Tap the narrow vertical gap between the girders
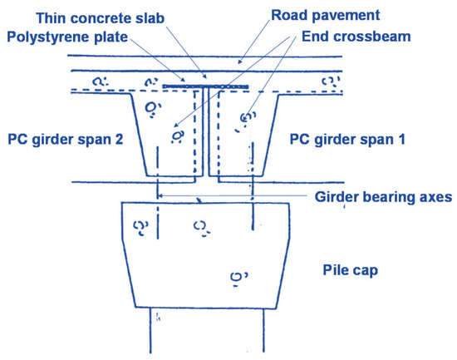click(204, 133)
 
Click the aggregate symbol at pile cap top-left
click(140, 225)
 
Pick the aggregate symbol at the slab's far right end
click(332, 82)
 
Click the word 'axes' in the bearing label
click(434, 198)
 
